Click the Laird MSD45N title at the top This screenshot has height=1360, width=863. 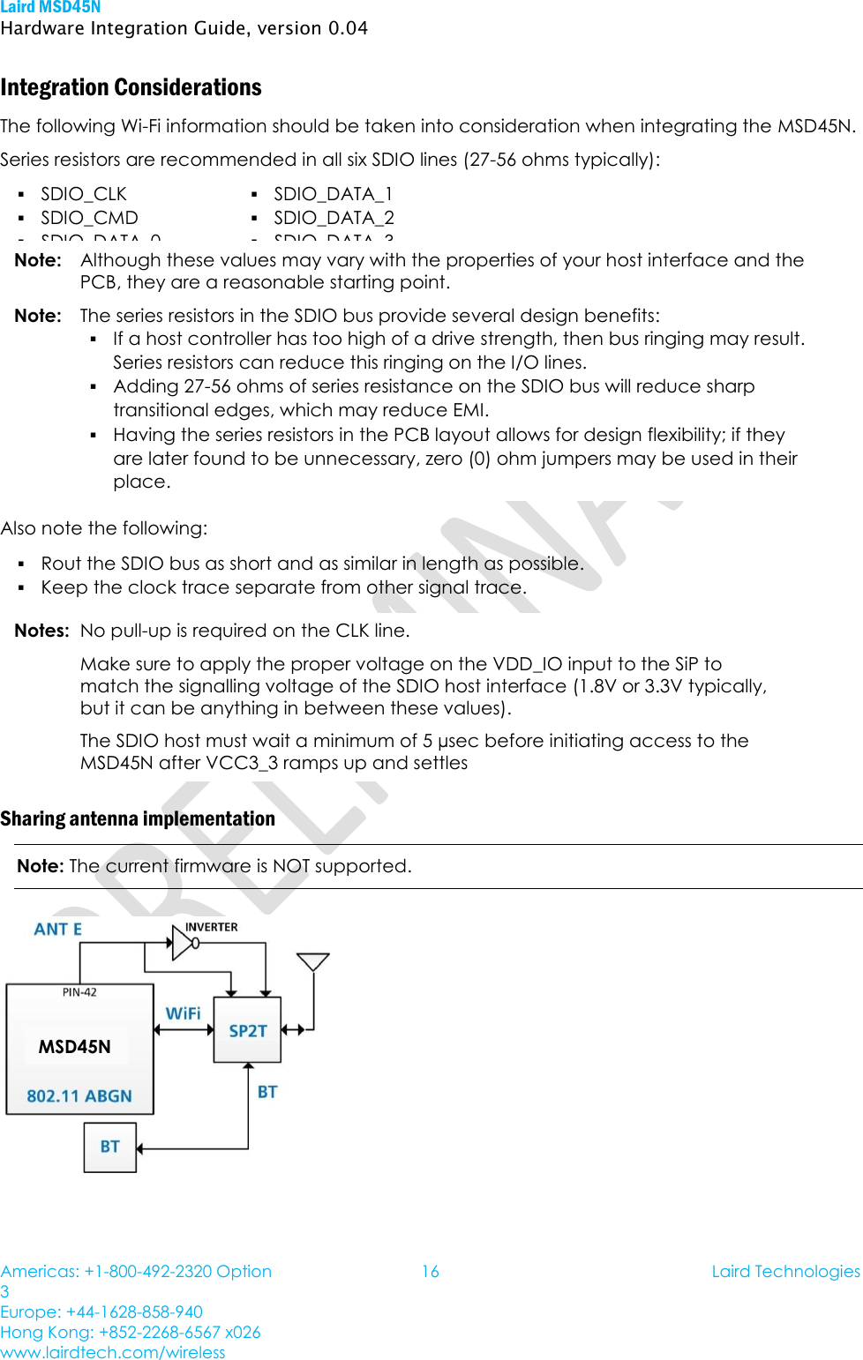click(50, 7)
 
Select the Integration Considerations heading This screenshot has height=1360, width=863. click(131, 87)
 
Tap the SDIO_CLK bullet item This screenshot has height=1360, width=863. click(84, 194)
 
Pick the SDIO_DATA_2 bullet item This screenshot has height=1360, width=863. click(334, 218)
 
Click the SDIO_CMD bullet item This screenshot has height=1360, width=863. click(89, 218)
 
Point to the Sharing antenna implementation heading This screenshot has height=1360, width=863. click(138, 818)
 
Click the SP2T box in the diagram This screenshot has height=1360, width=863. click(247, 1030)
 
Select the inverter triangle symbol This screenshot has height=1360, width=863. click(184, 943)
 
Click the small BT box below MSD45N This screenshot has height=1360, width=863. click(110, 1147)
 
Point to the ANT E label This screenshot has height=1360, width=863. click(58, 930)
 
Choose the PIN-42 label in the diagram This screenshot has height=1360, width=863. click(79, 992)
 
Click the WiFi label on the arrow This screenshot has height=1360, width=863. click(184, 1013)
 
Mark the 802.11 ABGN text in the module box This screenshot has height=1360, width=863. click(79, 1096)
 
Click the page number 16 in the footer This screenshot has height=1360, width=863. click(430, 1271)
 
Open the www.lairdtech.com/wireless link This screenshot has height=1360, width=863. click(113, 1352)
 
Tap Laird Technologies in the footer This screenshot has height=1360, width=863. click(785, 1271)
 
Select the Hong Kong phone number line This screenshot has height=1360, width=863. click(131, 1332)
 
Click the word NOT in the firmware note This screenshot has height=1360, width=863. click(291, 866)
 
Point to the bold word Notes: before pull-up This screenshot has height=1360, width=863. click(41, 631)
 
